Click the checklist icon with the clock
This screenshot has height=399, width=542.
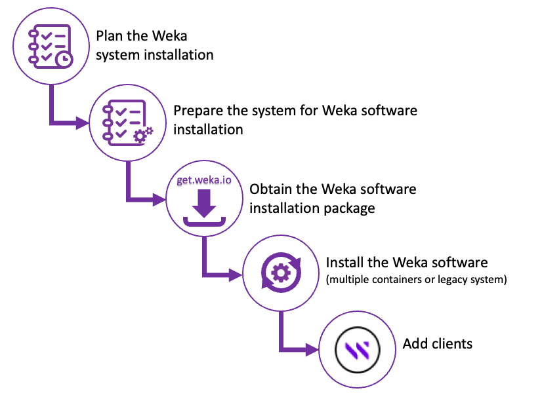pyautogui.click(x=51, y=47)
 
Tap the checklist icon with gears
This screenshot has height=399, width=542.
pyautogui.click(x=127, y=123)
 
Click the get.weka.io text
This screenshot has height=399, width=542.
pyautogui.click(x=204, y=180)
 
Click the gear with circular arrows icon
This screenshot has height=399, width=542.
pyautogui.click(x=281, y=273)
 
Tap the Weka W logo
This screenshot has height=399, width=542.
pyautogui.click(x=358, y=350)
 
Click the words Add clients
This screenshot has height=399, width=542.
pyautogui.click(x=438, y=344)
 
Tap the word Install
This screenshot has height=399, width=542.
pyautogui.click(x=344, y=263)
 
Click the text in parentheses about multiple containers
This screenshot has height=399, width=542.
pyautogui.click(x=417, y=279)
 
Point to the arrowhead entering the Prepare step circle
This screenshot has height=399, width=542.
pyautogui.click(x=82, y=123)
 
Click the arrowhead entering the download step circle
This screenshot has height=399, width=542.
pyautogui.click(x=159, y=199)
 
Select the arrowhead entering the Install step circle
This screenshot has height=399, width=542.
pyautogui.click(x=236, y=275)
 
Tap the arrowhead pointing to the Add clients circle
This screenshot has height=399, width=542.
pyautogui.click(x=312, y=350)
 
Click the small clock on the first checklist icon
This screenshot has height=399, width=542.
pyautogui.click(x=64, y=60)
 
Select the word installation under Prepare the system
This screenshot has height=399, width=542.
pyautogui.click(x=208, y=130)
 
